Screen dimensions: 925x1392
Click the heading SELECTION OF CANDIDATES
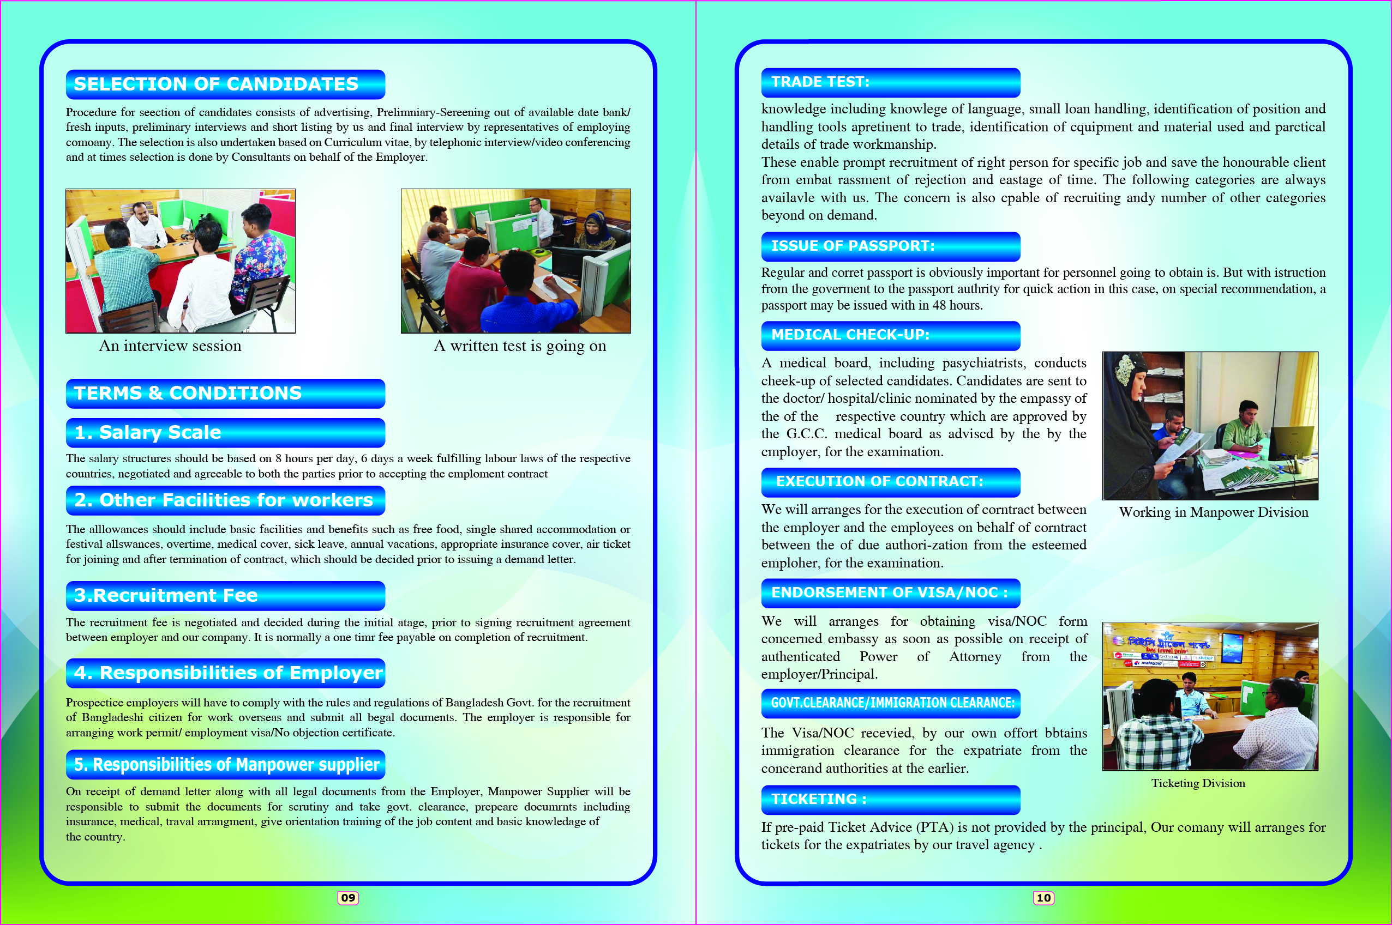pyautogui.click(x=216, y=84)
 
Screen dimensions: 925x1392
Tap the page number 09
pyautogui.click(x=347, y=898)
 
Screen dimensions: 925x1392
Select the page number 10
pyautogui.click(x=1043, y=898)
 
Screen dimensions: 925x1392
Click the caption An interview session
pyautogui.click(x=170, y=346)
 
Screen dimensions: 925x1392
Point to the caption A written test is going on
pyautogui.click(x=519, y=346)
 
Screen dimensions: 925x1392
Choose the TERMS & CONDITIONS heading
pyautogui.click(x=188, y=394)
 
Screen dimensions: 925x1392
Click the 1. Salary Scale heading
pyautogui.click(x=148, y=432)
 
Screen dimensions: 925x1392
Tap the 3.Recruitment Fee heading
pyautogui.click(x=166, y=595)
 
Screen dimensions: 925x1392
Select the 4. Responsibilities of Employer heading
pyautogui.click(x=229, y=673)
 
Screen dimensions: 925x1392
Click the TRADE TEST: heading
pyautogui.click(x=820, y=82)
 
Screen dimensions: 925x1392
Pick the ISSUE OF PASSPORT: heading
pyautogui.click(x=853, y=246)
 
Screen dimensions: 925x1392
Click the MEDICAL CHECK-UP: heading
pyautogui.click(x=850, y=335)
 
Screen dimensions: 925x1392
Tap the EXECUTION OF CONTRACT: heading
pyautogui.click(x=879, y=481)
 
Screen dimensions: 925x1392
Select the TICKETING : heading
pyautogui.click(x=819, y=799)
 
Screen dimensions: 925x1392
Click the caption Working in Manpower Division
pyautogui.click(x=1213, y=512)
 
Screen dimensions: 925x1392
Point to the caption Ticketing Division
pyautogui.click(x=1198, y=783)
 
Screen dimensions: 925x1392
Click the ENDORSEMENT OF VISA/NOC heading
pyautogui.click(x=889, y=593)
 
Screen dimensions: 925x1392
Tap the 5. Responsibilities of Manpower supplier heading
pyautogui.click(x=227, y=765)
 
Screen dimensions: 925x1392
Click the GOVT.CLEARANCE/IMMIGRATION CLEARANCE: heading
pyautogui.click(x=892, y=703)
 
